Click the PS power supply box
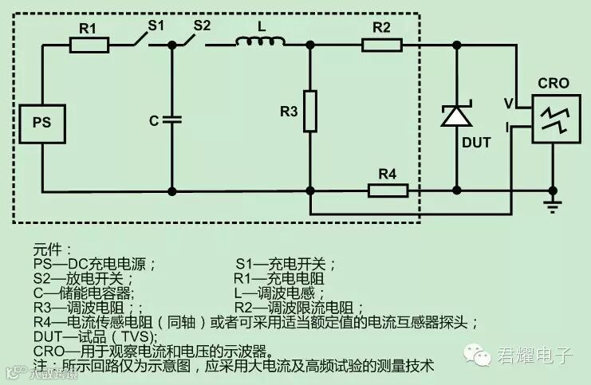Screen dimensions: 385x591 [x=42, y=123]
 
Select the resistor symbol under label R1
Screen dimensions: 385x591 [x=89, y=45]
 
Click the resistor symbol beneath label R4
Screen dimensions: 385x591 [x=388, y=190]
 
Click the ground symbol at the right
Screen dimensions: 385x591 [x=550, y=206]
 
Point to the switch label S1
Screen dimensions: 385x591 [x=156, y=25]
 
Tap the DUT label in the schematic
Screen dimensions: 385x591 [x=476, y=143]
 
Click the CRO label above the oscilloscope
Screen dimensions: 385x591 [x=553, y=83]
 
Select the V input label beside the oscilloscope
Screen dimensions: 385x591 [x=508, y=103]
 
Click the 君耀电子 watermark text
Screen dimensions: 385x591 [x=534, y=356]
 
